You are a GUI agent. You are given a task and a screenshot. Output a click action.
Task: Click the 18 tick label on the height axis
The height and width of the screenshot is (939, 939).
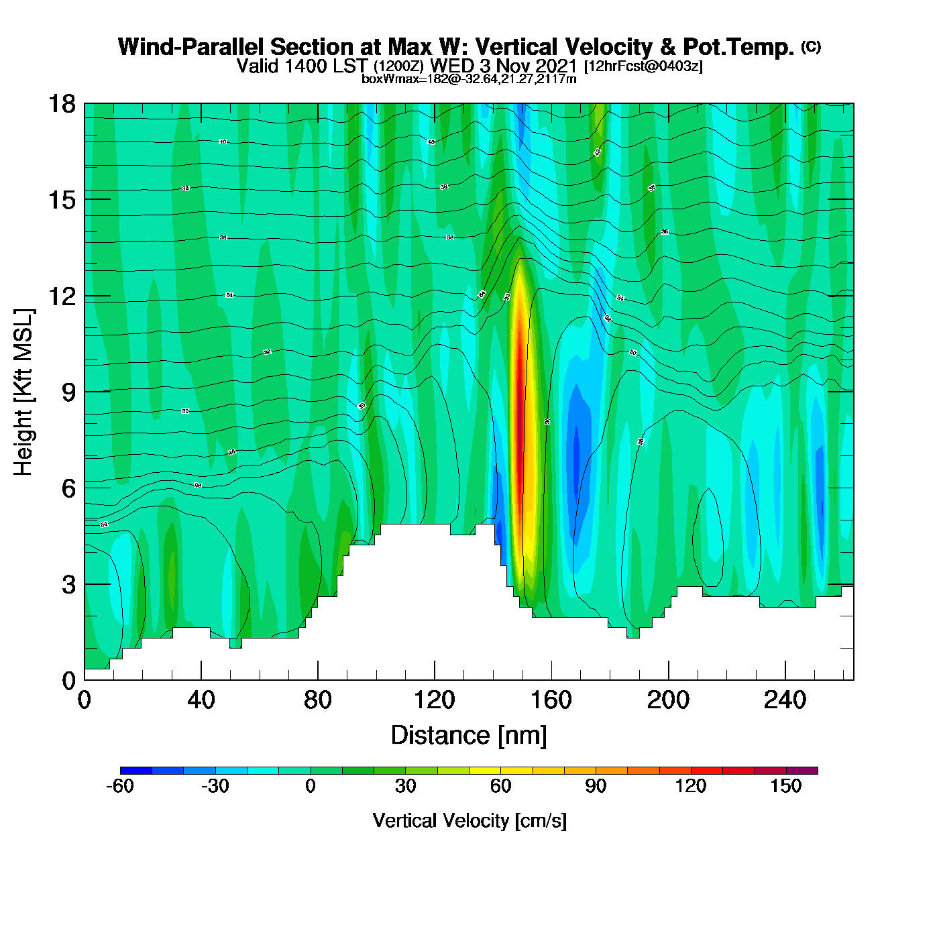[x=62, y=104]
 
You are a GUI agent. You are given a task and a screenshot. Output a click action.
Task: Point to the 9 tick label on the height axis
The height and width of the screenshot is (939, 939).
[x=68, y=392]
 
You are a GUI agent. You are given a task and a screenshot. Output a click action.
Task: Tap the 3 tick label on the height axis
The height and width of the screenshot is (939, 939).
[x=68, y=585]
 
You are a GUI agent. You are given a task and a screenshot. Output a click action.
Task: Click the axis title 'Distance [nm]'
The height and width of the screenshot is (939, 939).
[x=469, y=736]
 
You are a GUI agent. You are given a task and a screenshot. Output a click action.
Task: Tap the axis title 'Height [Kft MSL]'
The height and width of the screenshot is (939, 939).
[x=23, y=392]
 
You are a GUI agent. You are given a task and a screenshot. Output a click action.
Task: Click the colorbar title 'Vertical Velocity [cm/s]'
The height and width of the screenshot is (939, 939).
[x=469, y=821]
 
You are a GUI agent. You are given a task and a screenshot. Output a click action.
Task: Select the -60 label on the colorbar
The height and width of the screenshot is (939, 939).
[x=120, y=786]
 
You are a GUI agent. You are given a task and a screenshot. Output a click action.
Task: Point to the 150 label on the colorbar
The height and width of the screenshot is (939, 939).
[x=785, y=786]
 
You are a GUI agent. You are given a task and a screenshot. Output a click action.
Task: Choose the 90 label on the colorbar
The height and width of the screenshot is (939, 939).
[x=596, y=786]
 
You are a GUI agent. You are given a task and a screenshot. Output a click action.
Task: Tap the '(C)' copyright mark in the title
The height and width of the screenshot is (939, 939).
[x=810, y=46]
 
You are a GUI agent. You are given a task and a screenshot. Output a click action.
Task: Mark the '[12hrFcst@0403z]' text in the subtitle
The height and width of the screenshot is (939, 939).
[x=643, y=66]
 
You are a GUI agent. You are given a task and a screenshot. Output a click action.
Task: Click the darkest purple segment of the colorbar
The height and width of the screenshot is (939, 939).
[x=802, y=771]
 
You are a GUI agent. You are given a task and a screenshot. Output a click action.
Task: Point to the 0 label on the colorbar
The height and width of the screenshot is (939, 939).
[x=310, y=786]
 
